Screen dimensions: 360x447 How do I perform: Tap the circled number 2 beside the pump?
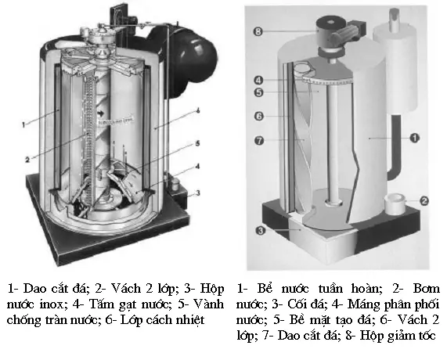tap(424, 200)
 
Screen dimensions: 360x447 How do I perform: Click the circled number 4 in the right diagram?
tap(259, 78)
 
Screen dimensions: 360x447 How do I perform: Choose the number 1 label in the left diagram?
tap(26, 124)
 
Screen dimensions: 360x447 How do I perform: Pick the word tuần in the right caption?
tap(335, 286)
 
